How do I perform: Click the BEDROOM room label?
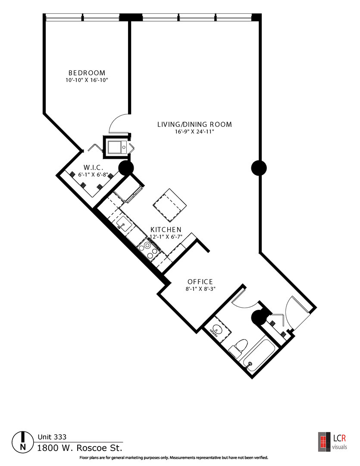point(87,73)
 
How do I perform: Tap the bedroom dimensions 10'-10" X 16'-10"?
point(87,80)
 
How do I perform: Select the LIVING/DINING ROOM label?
point(194,124)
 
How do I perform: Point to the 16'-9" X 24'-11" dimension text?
point(194,132)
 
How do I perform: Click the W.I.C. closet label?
point(93,167)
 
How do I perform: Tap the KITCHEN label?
point(166,230)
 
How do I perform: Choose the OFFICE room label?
point(200,281)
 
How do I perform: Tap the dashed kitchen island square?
point(169,205)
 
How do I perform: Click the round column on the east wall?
point(259,168)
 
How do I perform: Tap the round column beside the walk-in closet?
point(126,168)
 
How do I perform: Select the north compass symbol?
point(22,442)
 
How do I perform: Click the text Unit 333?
point(52,437)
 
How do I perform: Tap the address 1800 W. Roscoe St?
point(80,448)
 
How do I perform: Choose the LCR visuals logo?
point(332,442)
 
